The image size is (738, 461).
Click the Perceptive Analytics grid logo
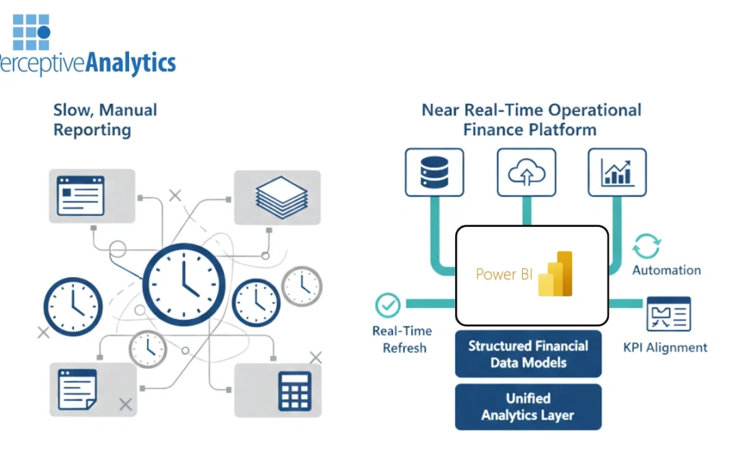pos(31,33)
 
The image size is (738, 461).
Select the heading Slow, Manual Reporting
pos(105,120)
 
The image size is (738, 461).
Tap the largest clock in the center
pos(184,283)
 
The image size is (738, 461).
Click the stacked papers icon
pos(277,197)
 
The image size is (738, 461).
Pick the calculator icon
pos(295,391)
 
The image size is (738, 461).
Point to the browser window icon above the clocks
pos(81,196)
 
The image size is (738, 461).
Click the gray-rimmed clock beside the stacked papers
pos(301,285)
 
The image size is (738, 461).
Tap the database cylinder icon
pos(435,173)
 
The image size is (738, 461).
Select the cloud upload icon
pos(527,173)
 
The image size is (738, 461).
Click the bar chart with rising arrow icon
pos(617,173)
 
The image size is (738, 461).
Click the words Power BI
pos(505,275)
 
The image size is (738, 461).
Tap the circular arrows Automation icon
pos(646,246)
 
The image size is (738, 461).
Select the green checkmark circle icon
pos(388,305)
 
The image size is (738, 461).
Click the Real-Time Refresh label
pos(402,339)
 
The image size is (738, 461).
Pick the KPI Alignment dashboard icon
pos(668,314)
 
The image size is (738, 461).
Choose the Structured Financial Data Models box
pos(528,354)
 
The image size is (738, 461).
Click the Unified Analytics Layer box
pos(528,406)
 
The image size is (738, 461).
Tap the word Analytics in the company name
pos(132,63)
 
